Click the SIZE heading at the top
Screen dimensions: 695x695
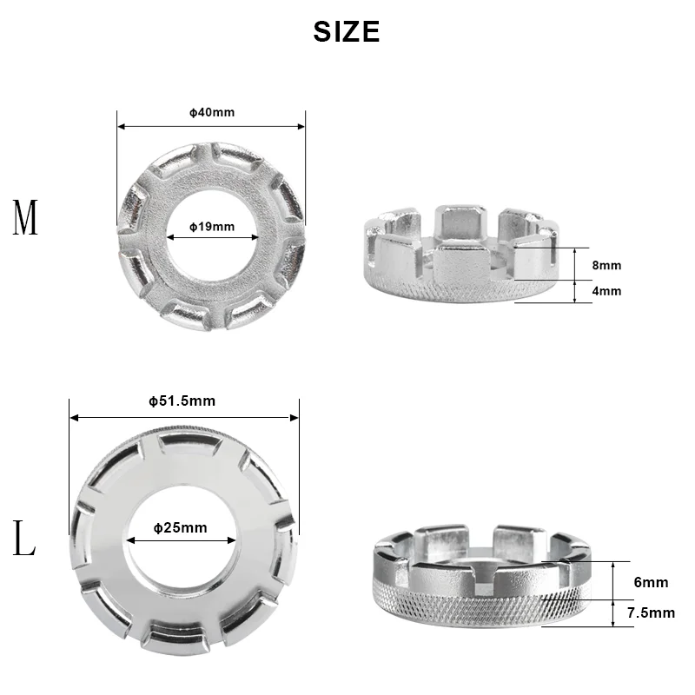coord(346,31)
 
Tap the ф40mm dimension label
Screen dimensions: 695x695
coord(212,112)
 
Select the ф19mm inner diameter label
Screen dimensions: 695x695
coord(212,227)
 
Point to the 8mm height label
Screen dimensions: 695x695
coord(606,265)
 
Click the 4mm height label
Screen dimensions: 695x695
coord(606,291)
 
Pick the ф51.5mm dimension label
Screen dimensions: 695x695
coord(182,400)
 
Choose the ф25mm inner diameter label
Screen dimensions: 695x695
coord(181,527)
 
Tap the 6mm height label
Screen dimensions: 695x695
coord(651,582)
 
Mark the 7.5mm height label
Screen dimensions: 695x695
coord(651,612)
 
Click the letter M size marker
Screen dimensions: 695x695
coord(25,217)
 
